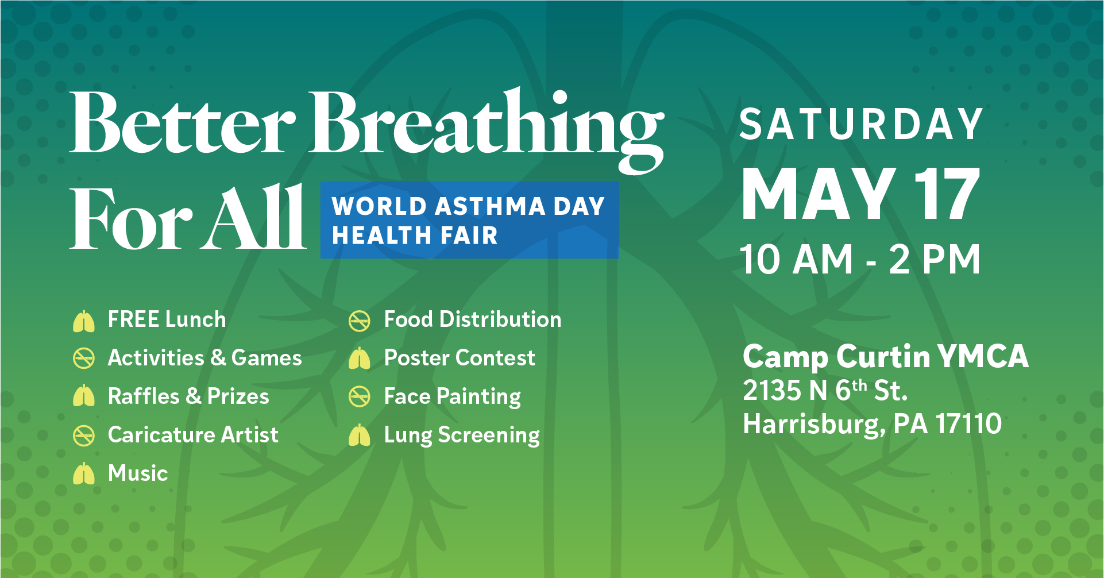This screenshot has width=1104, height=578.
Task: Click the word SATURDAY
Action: coord(861,124)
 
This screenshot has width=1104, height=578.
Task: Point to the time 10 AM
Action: coord(796,259)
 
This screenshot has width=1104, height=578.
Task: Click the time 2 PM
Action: coord(935,259)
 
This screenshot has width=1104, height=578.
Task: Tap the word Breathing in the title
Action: coord(487,130)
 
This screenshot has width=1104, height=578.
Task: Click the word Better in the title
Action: coord(183,123)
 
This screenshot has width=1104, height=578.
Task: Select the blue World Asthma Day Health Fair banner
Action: coord(469,220)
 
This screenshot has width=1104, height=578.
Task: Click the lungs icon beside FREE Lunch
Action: coord(84,321)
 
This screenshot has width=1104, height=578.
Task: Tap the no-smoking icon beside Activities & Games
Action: coord(84,359)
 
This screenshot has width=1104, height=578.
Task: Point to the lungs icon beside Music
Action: coord(84,474)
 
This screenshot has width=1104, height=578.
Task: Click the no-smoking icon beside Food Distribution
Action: coord(360,321)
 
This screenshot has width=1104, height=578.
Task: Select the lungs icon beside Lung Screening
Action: coord(360,436)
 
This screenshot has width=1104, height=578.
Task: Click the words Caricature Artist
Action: coord(193,435)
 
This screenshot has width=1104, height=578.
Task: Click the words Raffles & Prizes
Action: coord(188,396)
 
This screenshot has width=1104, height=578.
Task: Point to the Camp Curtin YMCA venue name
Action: coord(885,356)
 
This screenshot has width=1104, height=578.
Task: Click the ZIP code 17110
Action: coord(969,424)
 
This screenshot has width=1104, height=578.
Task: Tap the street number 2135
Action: coord(772,391)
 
